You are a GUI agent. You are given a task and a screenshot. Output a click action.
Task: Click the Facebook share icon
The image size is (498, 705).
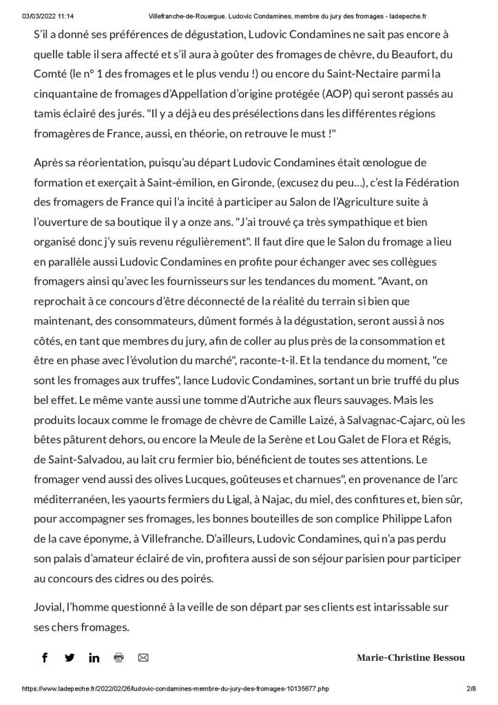coord(45,657)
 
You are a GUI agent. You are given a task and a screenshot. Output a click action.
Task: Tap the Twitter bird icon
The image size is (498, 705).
coord(70,657)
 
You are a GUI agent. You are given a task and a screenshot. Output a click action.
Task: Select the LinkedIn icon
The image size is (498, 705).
coord(94,657)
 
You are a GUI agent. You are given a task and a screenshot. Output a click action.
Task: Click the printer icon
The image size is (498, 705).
coord(118,657)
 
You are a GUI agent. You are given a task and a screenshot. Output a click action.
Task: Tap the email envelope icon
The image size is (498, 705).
coord(143,657)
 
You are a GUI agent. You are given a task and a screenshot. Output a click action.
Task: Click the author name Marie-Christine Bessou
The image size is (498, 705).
coord(411,657)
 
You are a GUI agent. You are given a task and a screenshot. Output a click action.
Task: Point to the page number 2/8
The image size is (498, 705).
coord(471,688)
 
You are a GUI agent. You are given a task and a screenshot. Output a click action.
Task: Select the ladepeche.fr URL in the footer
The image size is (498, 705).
coord(176,688)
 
